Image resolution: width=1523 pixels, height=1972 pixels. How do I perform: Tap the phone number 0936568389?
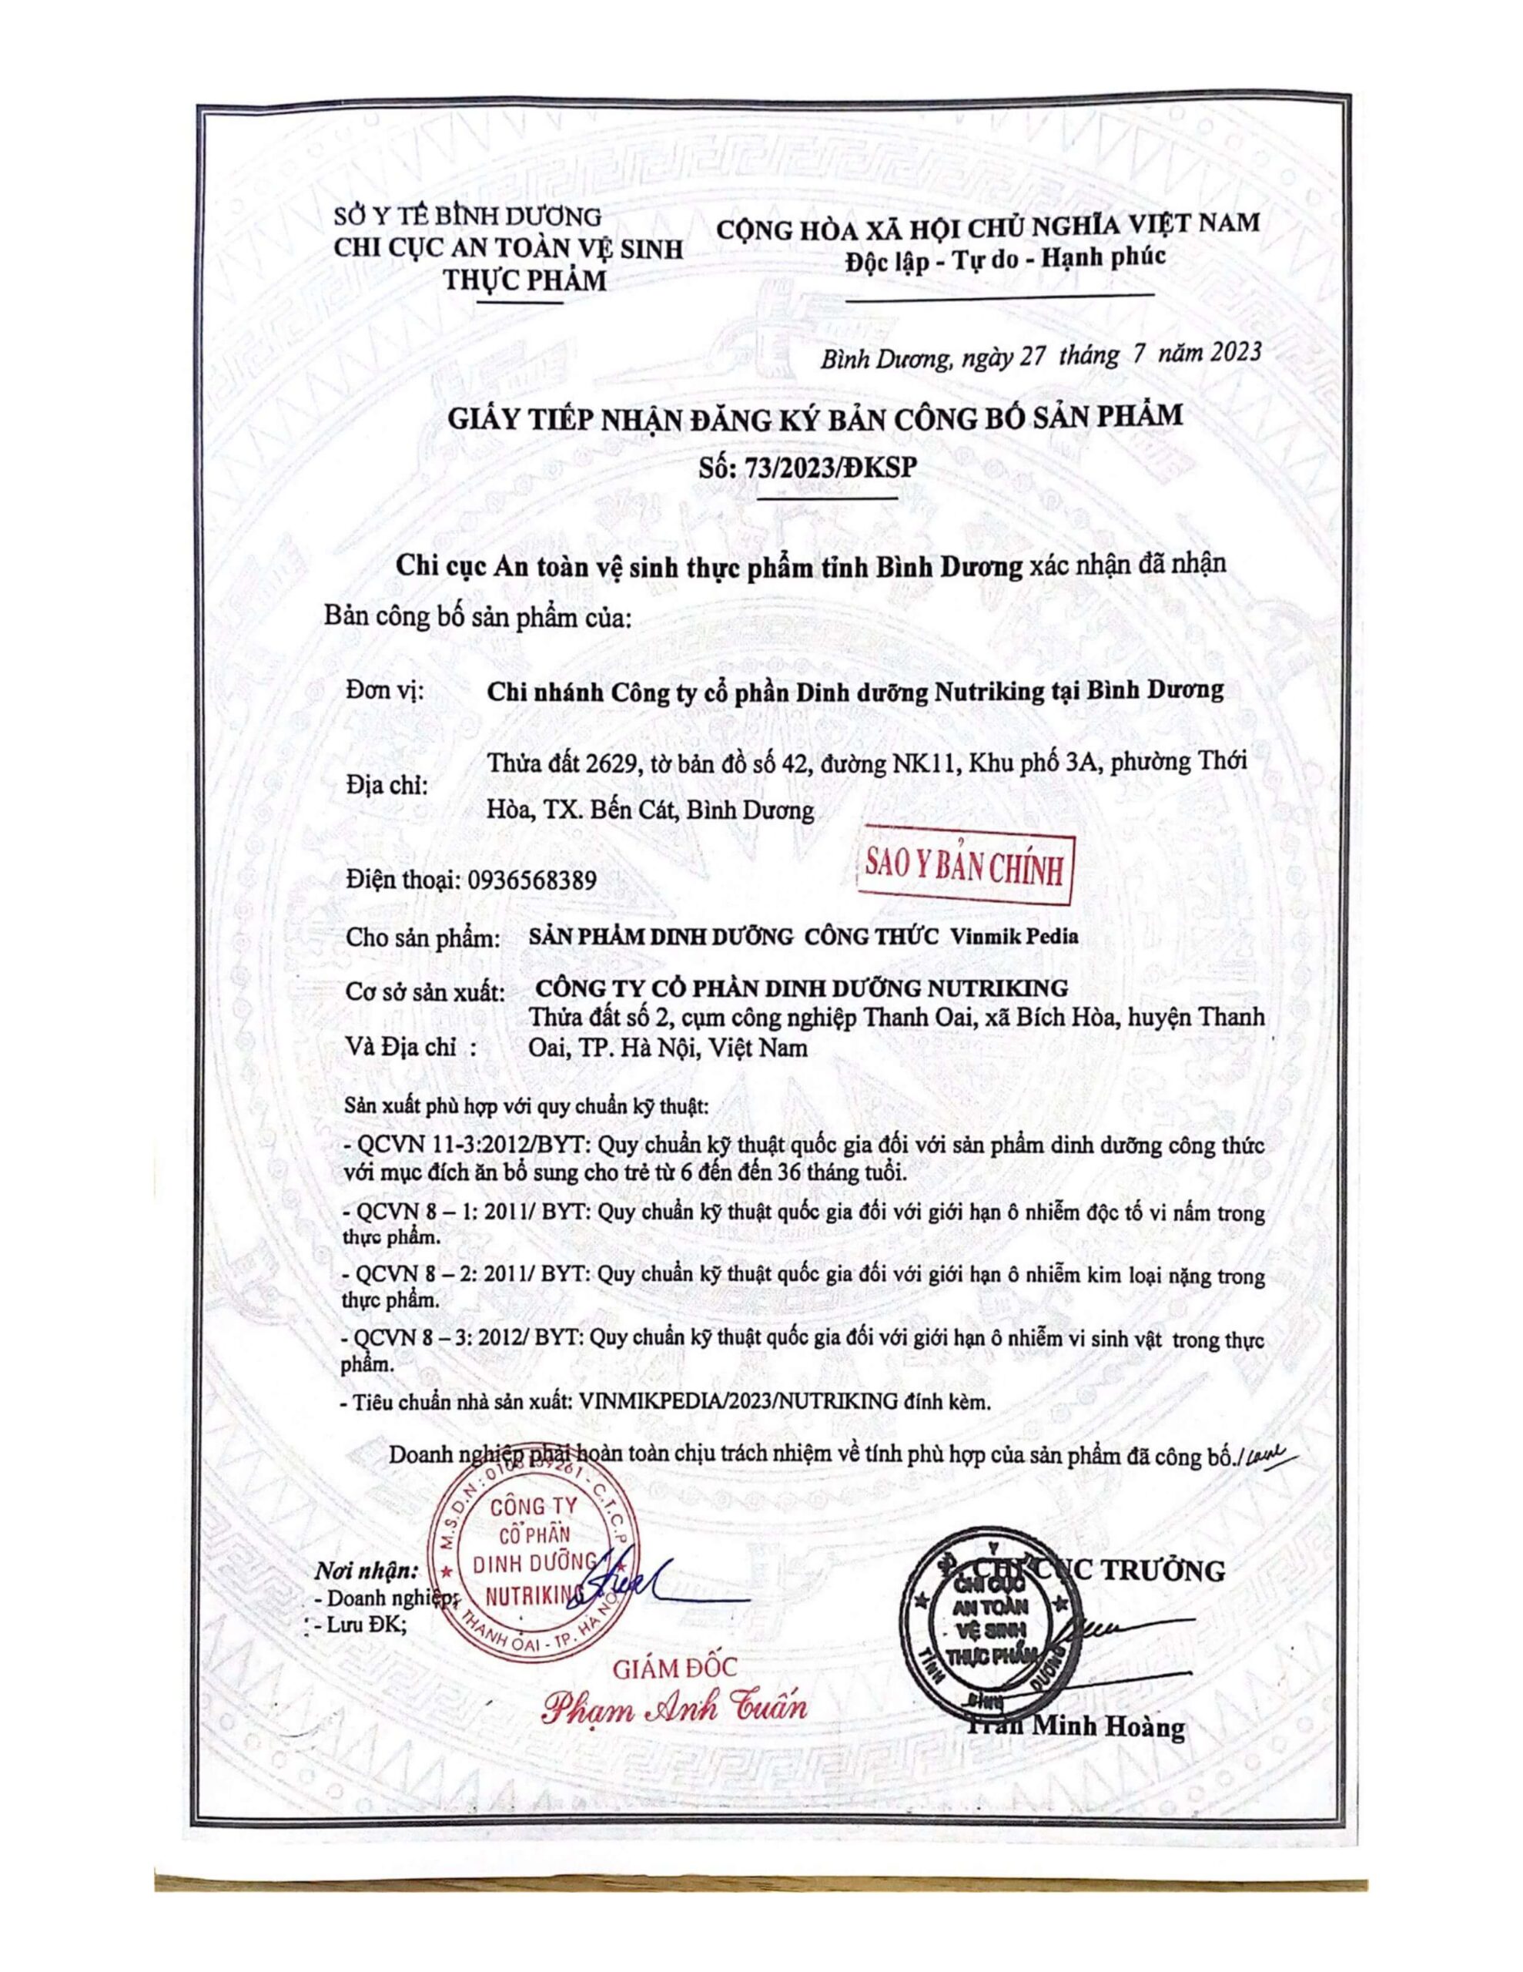click(x=532, y=880)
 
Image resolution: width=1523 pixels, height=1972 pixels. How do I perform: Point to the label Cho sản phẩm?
click(x=423, y=937)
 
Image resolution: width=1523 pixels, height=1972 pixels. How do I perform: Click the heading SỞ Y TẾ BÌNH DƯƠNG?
click(x=467, y=216)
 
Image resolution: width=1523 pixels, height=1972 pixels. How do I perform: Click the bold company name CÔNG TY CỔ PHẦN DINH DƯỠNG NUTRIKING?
click(x=801, y=986)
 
